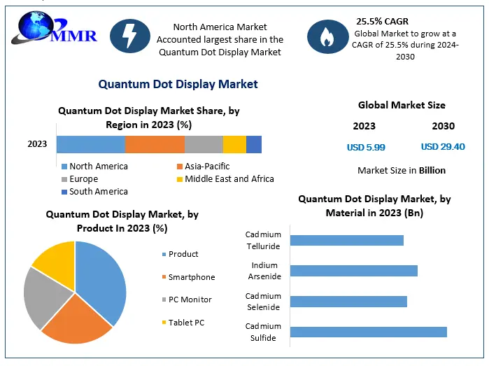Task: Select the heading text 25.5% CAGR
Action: point(382,21)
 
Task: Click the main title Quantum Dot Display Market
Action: point(178,84)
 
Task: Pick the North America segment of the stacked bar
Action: point(90,144)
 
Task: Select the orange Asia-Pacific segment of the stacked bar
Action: point(155,144)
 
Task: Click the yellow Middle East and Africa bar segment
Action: point(234,144)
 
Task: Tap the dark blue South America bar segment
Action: point(254,144)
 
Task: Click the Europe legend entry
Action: point(84,179)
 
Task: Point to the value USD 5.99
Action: point(366,147)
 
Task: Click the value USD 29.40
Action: point(443,147)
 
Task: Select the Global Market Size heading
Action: point(402,105)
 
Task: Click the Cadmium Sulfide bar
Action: point(368,332)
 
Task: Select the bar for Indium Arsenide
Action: point(353,271)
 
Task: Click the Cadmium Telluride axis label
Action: point(264,240)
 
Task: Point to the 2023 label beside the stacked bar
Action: point(37,144)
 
